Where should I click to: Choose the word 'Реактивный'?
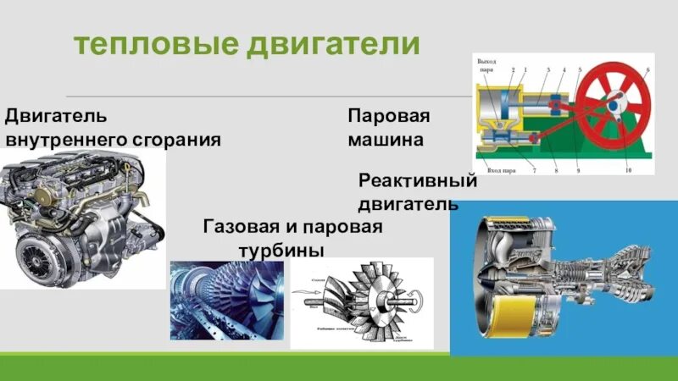(x=418, y=180)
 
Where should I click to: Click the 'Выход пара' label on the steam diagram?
(x=486, y=65)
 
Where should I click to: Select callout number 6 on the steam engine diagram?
(x=648, y=69)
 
